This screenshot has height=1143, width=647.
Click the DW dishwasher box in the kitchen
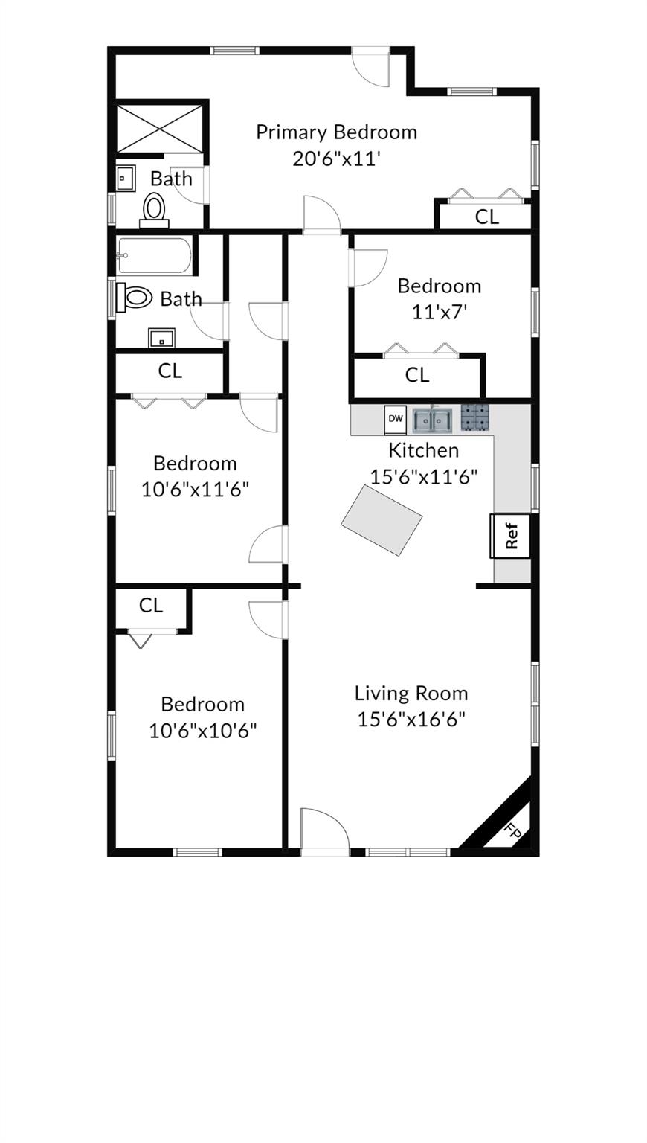click(x=395, y=419)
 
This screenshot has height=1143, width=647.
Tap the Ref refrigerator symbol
click(x=510, y=535)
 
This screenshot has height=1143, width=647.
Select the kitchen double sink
click(x=433, y=420)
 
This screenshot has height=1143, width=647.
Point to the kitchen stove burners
click(x=475, y=417)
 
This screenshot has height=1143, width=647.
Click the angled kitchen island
click(x=382, y=520)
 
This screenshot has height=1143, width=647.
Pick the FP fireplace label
click(x=512, y=830)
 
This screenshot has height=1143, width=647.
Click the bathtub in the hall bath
click(x=154, y=256)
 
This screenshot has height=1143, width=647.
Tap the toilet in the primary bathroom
click(x=155, y=208)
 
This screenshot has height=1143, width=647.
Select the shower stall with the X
click(x=160, y=129)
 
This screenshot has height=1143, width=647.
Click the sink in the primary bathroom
click(x=125, y=179)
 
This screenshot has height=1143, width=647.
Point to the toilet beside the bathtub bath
click(x=135, y=298)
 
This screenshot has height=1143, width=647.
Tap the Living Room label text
click(x=411, y=694)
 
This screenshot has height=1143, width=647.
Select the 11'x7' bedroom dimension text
click(x=439, y=312)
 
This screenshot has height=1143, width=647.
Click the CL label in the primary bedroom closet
click(x=487, y=217)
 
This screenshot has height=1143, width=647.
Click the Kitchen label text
click(x=423, y=450)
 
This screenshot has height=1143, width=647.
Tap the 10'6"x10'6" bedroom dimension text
click(x=203, y=730)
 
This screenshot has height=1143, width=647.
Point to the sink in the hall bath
click(x=161, y=339)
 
